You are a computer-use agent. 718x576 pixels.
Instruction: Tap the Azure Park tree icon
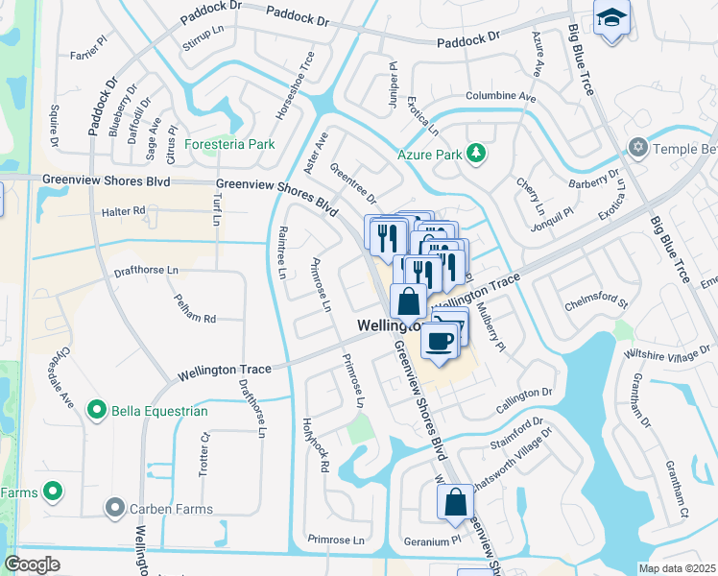pos(475,154)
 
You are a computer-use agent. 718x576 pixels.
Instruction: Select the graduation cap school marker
pos(610,19)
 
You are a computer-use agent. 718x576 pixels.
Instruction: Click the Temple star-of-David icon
pos(636,147)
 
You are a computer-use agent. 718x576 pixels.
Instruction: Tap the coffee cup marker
pos(440,340)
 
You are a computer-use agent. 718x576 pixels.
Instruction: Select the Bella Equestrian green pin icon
pos(96,411)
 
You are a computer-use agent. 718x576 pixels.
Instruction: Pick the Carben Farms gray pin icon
pos(115,506)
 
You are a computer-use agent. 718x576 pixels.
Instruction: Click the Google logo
pos(33,564)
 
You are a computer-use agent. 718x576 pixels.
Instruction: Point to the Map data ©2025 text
pos(677,568)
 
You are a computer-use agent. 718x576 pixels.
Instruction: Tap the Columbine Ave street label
pos(500,97)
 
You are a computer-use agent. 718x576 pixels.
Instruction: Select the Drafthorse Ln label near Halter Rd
pos(146,271)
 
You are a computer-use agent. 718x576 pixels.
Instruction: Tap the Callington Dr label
pos(523,393)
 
